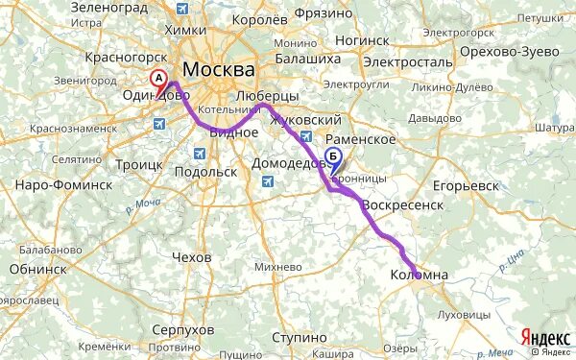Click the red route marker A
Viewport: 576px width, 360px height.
(x=160, y=80)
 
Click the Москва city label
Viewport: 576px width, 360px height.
(x=220, y=70)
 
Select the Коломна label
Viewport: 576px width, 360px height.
(x=419, y=276)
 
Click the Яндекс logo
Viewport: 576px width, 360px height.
(x=543, y=337)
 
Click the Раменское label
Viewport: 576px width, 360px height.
(x=365, y=139)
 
